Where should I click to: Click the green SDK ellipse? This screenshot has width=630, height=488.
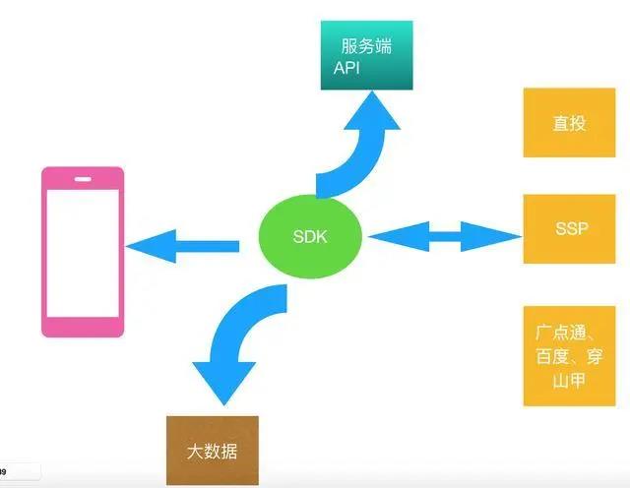click(x=310, y=236)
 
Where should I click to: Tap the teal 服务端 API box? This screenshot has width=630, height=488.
click(x=366, y=55)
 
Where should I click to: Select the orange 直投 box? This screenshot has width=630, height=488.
click(x=569, y=123)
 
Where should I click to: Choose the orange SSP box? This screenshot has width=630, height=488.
click(x=569, y=229)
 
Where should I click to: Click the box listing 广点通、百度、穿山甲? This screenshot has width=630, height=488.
click(x=569, y=356)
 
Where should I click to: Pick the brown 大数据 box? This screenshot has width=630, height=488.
click(x=213, y=451)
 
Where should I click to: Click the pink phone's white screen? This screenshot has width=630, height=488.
click(x=83, y=253)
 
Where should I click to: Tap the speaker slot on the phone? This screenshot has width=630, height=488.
click(x=83, y=179)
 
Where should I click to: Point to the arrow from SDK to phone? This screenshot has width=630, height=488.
click(x=183, y=246)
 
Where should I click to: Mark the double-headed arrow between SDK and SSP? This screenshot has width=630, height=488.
click(x=445, y=236)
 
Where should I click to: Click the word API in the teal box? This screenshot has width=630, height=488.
click(x=346, y=68)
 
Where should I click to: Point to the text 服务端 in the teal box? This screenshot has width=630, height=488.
click(x=366, y=46)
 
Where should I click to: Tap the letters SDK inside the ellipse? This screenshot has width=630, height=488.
click(x=310, y=236)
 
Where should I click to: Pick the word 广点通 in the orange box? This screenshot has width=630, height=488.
click(x=560, y=333)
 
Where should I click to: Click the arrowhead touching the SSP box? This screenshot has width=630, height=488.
click(x=491, y=236)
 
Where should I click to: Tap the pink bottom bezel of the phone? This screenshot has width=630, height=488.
click(x=83, y=327)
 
